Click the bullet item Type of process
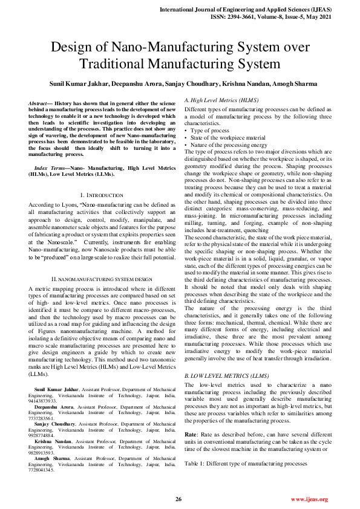210,131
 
